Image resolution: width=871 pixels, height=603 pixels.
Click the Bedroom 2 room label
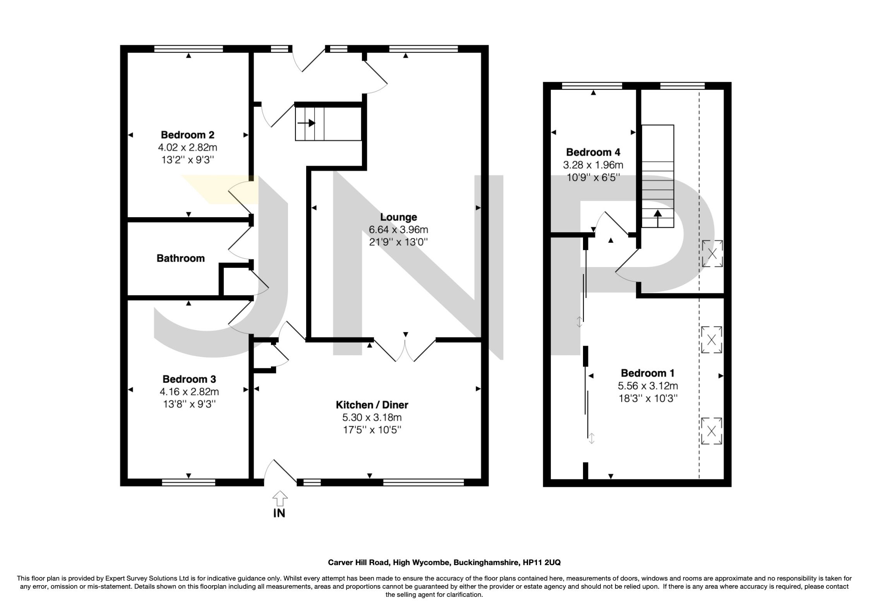click(x=187, y=135)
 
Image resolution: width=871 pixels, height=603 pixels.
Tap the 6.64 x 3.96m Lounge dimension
click(x=398, y=230)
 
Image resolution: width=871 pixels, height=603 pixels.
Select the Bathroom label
click(x=180, y=258)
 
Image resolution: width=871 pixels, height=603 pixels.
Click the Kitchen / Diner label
click(x=372, y=405)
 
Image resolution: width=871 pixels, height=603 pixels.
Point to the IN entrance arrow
click(x=280, y=499)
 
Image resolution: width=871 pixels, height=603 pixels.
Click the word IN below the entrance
click(x=279, y=514)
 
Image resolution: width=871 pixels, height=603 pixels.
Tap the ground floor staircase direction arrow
click(x=306, y=123)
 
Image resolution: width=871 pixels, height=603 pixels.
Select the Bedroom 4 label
click(x=593, y=152)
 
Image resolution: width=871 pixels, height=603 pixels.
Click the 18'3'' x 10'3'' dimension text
click(x=648, y=398)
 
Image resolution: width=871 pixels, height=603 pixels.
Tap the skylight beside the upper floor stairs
click(x=712, y=254)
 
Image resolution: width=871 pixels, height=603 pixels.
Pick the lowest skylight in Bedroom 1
click(x=711, y=431)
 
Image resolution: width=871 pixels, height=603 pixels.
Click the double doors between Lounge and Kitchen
click(x=405, y=350)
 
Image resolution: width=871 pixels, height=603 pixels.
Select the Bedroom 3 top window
click(x=189, y=482)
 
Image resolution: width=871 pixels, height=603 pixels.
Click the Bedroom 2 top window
click(x=189, y=49)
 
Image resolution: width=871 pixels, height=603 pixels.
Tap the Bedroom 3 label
click(x=189, y=379)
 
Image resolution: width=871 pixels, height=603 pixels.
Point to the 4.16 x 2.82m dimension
click(x=189, y=391)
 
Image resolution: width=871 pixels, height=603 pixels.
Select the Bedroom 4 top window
click(x=592, y=86)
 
